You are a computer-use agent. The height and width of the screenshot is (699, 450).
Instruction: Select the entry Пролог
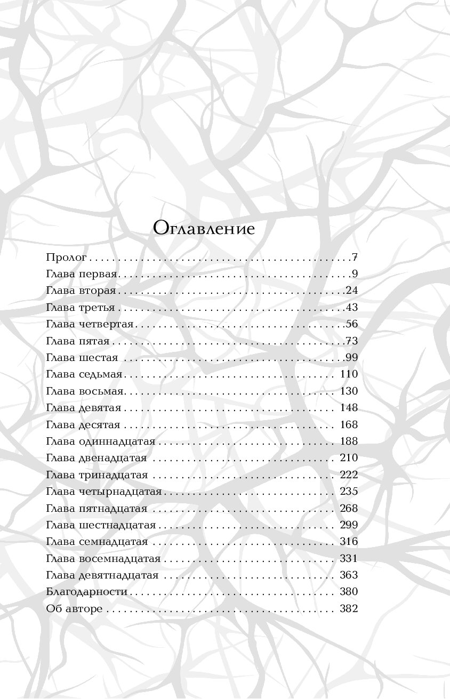point(66,258)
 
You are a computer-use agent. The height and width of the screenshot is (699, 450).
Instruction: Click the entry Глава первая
point(81,275)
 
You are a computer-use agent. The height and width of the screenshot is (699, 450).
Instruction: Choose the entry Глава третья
point(81,308)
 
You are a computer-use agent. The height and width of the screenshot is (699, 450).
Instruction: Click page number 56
point(352,324)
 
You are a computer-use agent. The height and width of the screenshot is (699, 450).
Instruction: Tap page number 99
point(352,357)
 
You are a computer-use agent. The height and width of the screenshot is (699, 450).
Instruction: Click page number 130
point(349,391)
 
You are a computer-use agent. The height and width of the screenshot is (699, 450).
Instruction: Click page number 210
point(349,458)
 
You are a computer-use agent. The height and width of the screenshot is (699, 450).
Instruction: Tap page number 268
point(349,508)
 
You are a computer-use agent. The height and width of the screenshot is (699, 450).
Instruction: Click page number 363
point(349,575)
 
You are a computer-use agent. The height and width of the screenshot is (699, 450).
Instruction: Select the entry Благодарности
point(87,592)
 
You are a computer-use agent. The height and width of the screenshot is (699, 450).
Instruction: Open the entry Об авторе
point(74,609)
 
